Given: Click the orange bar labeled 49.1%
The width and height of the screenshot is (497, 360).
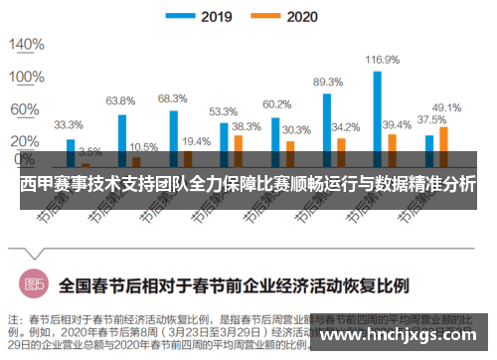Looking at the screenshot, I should [443, 145].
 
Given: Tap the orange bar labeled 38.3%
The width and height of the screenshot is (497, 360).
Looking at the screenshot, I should [238, 149].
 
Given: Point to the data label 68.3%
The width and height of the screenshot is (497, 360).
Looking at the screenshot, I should [172, 97].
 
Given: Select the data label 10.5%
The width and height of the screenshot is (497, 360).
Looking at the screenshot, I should [143, 146].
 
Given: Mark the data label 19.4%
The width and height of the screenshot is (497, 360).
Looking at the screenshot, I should [196, 141].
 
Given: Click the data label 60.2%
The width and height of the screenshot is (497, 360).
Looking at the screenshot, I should [276, 103].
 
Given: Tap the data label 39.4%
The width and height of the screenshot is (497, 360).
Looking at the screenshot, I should [397, 124].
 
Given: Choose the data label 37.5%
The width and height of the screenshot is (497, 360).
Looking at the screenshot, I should [429, 119].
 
